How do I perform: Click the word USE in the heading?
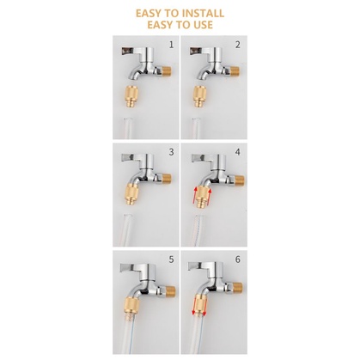pos(201,25)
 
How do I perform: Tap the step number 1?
pos(171,45)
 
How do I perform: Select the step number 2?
pos(238,45)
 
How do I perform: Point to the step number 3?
pos(171,152)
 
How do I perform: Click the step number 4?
pos(238,152)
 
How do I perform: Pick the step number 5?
pos(171,259)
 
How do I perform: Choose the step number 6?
pos(238,259)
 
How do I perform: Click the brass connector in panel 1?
pos(132,97)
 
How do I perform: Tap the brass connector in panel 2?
pos(200,96)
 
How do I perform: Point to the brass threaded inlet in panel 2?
pos(235,70)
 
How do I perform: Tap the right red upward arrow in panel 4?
pos(209,195)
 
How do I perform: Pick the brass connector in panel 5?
pos(131,304)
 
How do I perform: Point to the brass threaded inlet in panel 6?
pos(238,288)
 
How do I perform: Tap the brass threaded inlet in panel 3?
pos(167,178)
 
